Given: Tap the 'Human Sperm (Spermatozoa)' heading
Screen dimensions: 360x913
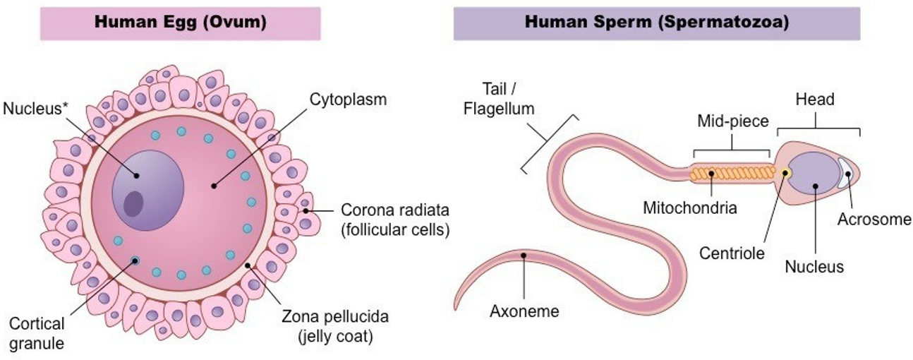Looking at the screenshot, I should click(656, 22).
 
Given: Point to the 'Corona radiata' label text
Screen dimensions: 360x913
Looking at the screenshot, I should click(395, 210).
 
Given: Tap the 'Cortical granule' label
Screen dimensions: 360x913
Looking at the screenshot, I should click(37, 333).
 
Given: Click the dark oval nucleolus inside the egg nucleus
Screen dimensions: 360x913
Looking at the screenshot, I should click(133, 204).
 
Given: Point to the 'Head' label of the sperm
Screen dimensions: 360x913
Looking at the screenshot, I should click(816, 100).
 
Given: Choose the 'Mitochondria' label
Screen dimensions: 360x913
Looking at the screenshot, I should click(690, 208).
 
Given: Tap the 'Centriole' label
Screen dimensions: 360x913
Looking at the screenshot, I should click(730, 252).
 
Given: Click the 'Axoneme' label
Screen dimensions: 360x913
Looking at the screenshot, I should click(524, 311).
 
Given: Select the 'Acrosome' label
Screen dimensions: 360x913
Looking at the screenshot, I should click(874, 219).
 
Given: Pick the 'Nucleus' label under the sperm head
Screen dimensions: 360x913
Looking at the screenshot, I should click(814, 267).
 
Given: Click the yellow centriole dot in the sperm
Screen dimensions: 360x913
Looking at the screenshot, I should click(785, 173).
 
